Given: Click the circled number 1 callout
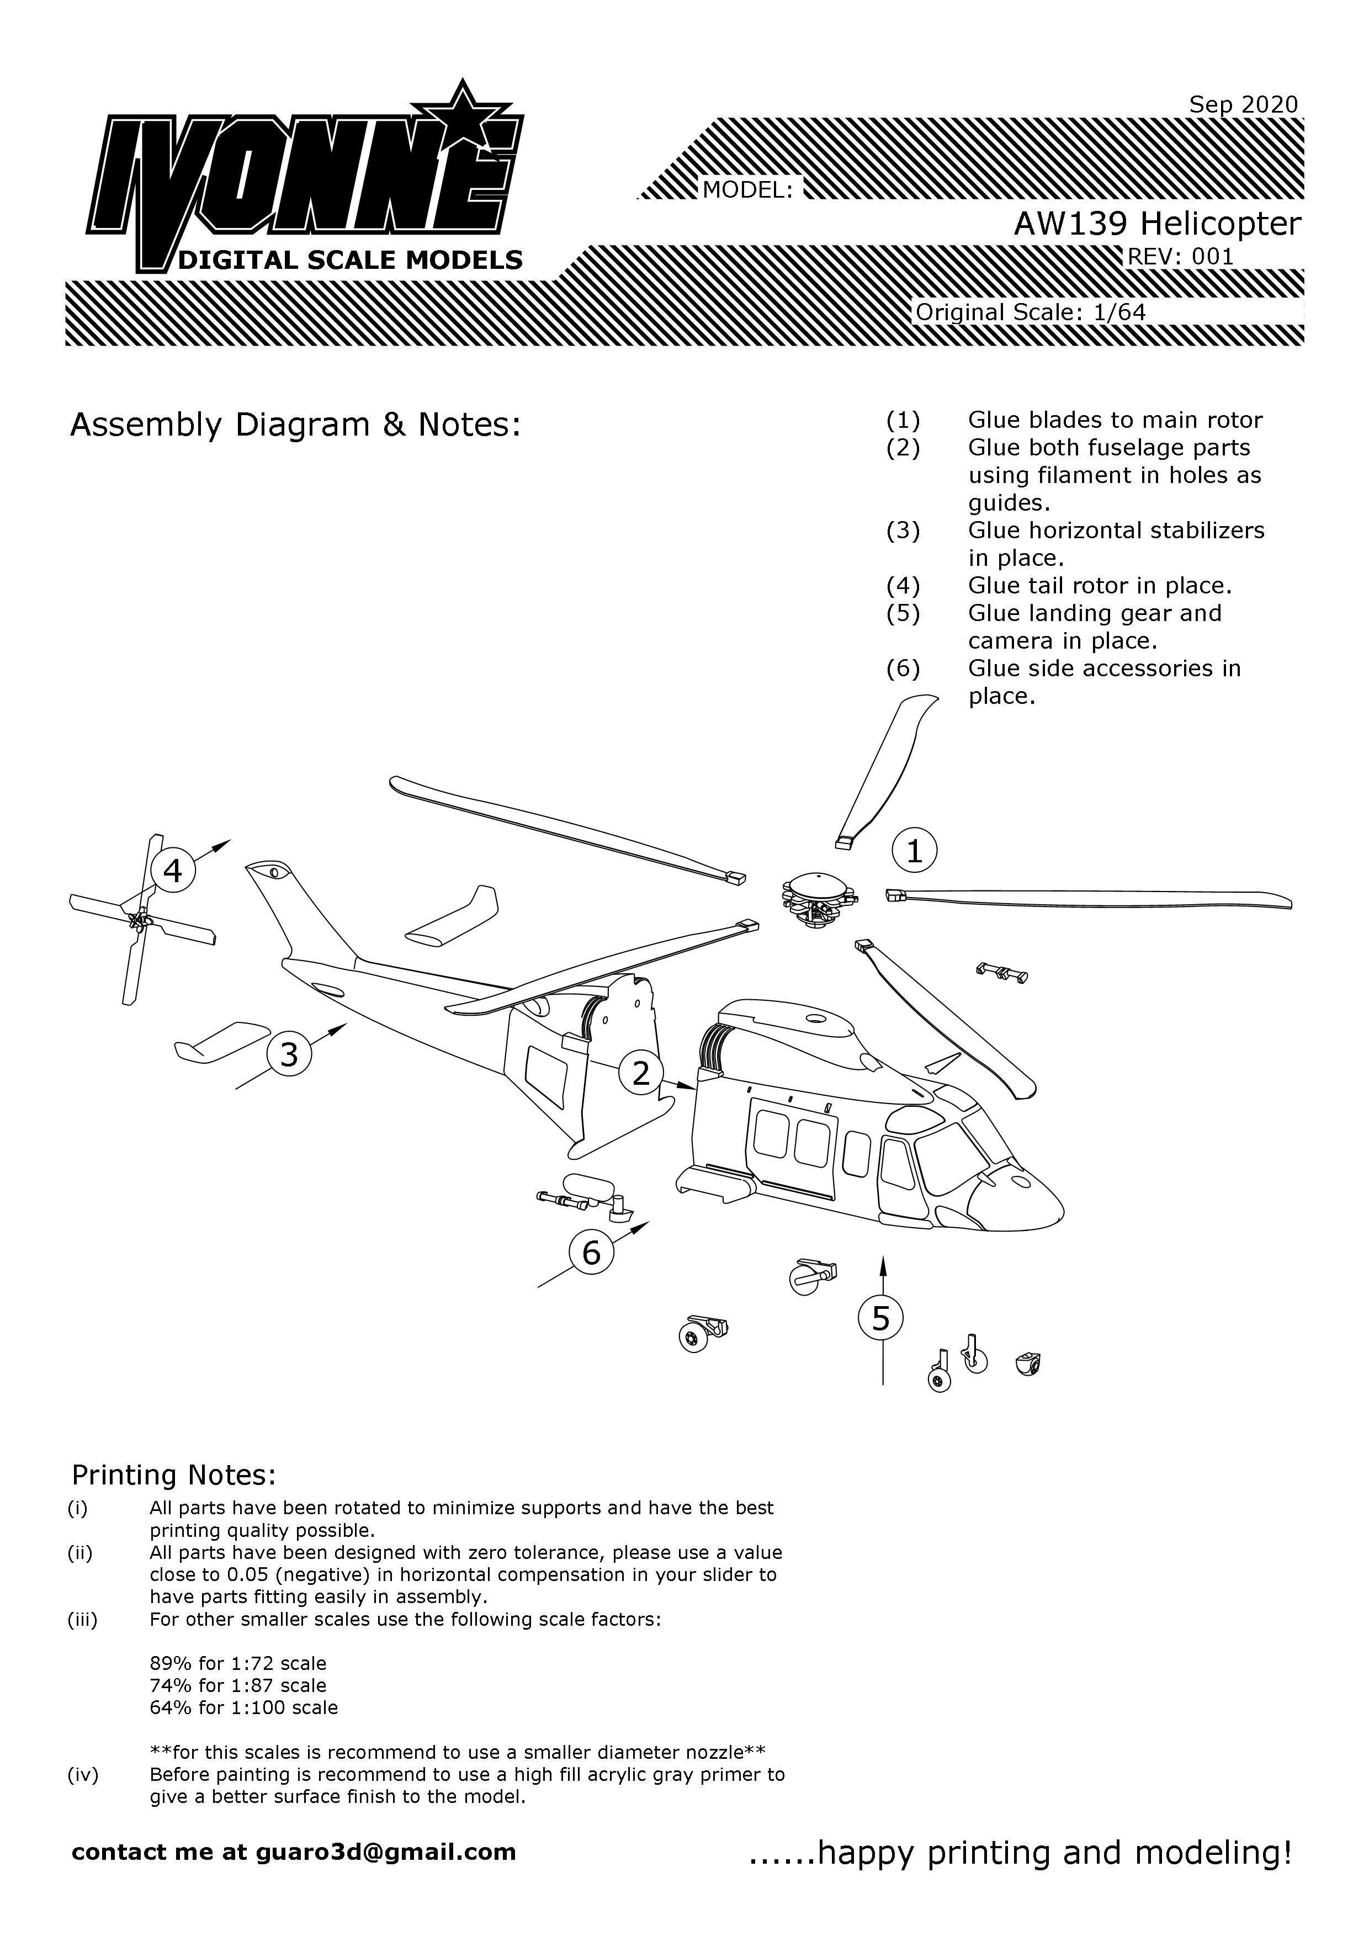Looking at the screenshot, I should coord(914,851).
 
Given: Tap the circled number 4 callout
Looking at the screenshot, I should coord(173,870).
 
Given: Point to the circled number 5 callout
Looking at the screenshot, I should coord(881,1318).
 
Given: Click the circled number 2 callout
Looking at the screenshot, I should coord(641,1073).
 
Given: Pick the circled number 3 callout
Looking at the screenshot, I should coord(289,1054).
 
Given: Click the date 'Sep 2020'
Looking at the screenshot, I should coord(1243,104).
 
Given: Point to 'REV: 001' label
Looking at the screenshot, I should coord(1180,256).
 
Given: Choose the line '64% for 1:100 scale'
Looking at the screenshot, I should coord(243,1707).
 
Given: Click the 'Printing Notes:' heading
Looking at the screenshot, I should coord(174,1474).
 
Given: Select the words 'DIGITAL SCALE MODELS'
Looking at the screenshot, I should coord(350,259).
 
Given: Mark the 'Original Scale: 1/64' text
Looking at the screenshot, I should coord(1030,312).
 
